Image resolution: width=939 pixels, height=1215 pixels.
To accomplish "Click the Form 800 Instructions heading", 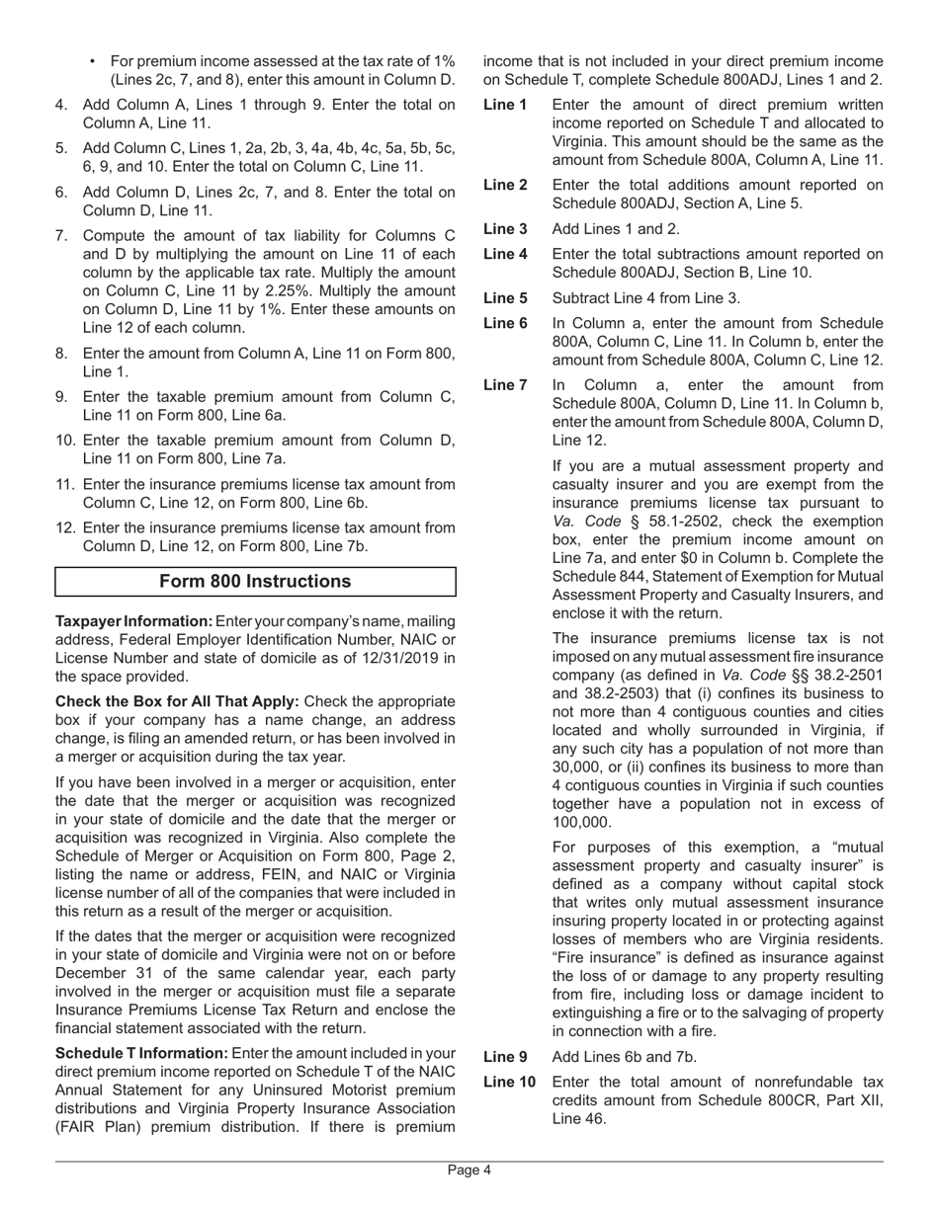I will [255, 582].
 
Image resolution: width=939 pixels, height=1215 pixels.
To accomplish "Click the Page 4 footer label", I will [469, 1171].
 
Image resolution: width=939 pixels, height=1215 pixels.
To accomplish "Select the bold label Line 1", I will [505, 105].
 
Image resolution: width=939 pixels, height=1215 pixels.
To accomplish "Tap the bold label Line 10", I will [509, 1083].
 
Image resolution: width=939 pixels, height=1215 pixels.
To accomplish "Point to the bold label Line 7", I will [505, 385].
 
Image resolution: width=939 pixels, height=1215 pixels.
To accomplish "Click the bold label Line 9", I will [505, 1057].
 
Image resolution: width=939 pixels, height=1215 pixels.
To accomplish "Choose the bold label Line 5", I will [505, 298].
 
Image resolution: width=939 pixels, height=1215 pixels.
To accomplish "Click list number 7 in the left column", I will [62, 236].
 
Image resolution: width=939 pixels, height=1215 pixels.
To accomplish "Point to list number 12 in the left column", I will [65, 528].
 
